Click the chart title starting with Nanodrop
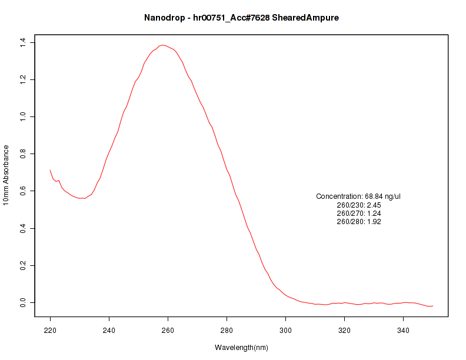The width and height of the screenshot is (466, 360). [x=241, y=18]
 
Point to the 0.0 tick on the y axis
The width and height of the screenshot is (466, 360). [x=22, y=302]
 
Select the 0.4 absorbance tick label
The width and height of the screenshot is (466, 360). [x=22, y=228]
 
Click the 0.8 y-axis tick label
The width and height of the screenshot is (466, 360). [x=22, y=154]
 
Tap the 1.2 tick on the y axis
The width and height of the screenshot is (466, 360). [x=22, y=79]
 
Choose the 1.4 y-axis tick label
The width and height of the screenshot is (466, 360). [x=22, y=42]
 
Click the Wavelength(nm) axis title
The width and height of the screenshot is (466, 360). [x=241, y=348]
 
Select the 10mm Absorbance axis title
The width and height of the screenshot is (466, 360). [x=6, y=175]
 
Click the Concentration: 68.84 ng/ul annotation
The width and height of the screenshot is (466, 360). [x=358, y=196]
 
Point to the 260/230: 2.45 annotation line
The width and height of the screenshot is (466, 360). [x=358, y=205]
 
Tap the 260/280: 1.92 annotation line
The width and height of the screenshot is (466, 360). [x=358, y=222]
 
